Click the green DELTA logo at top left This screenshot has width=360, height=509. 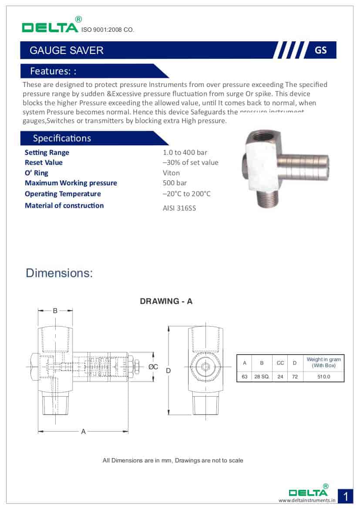point(50,27)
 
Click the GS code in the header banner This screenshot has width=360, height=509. point(320,50)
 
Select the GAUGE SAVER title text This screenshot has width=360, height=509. point(66,50)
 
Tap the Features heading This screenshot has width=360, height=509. point(53,71)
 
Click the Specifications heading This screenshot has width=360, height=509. point(62,138)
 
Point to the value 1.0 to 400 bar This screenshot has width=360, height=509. point(185,152)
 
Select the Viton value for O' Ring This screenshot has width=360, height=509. point(171,173)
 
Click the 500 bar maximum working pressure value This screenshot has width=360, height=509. point(175,183)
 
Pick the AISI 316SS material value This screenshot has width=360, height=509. point(179,208)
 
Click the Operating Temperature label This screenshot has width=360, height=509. point(63,194)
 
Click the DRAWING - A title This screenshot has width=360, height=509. point(166,301)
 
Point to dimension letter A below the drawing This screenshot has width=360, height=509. point(83,432)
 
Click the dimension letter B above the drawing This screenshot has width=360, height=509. point(55,311)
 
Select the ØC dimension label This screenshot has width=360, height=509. point(153,367)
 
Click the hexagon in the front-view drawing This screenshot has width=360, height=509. point(205,367)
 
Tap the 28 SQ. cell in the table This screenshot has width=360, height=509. point(262,377)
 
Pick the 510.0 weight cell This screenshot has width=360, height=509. point(324,377)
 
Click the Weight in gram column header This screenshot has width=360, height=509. point(324,362)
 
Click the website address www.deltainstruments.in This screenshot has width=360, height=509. point(307,500)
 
